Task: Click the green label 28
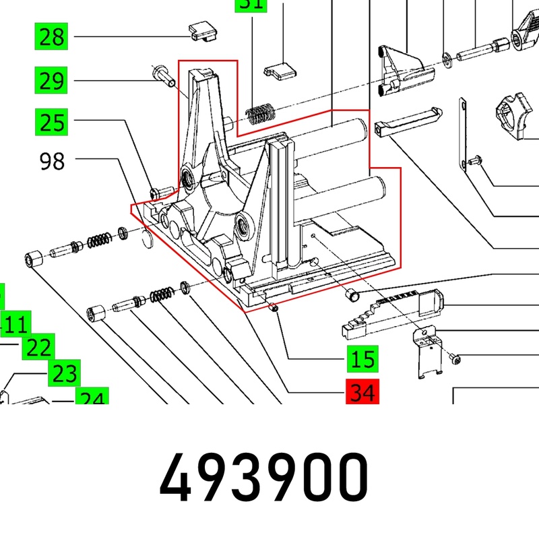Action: coord(52,36)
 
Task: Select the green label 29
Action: coord(52,82)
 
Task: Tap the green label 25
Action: coord(52,123)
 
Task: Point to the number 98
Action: coord(52,162)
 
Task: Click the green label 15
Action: coord(362,358)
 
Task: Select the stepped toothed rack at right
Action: coord(391,309)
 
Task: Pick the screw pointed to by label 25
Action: coord(159,192)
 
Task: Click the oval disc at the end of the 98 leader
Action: coord(150,236)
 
